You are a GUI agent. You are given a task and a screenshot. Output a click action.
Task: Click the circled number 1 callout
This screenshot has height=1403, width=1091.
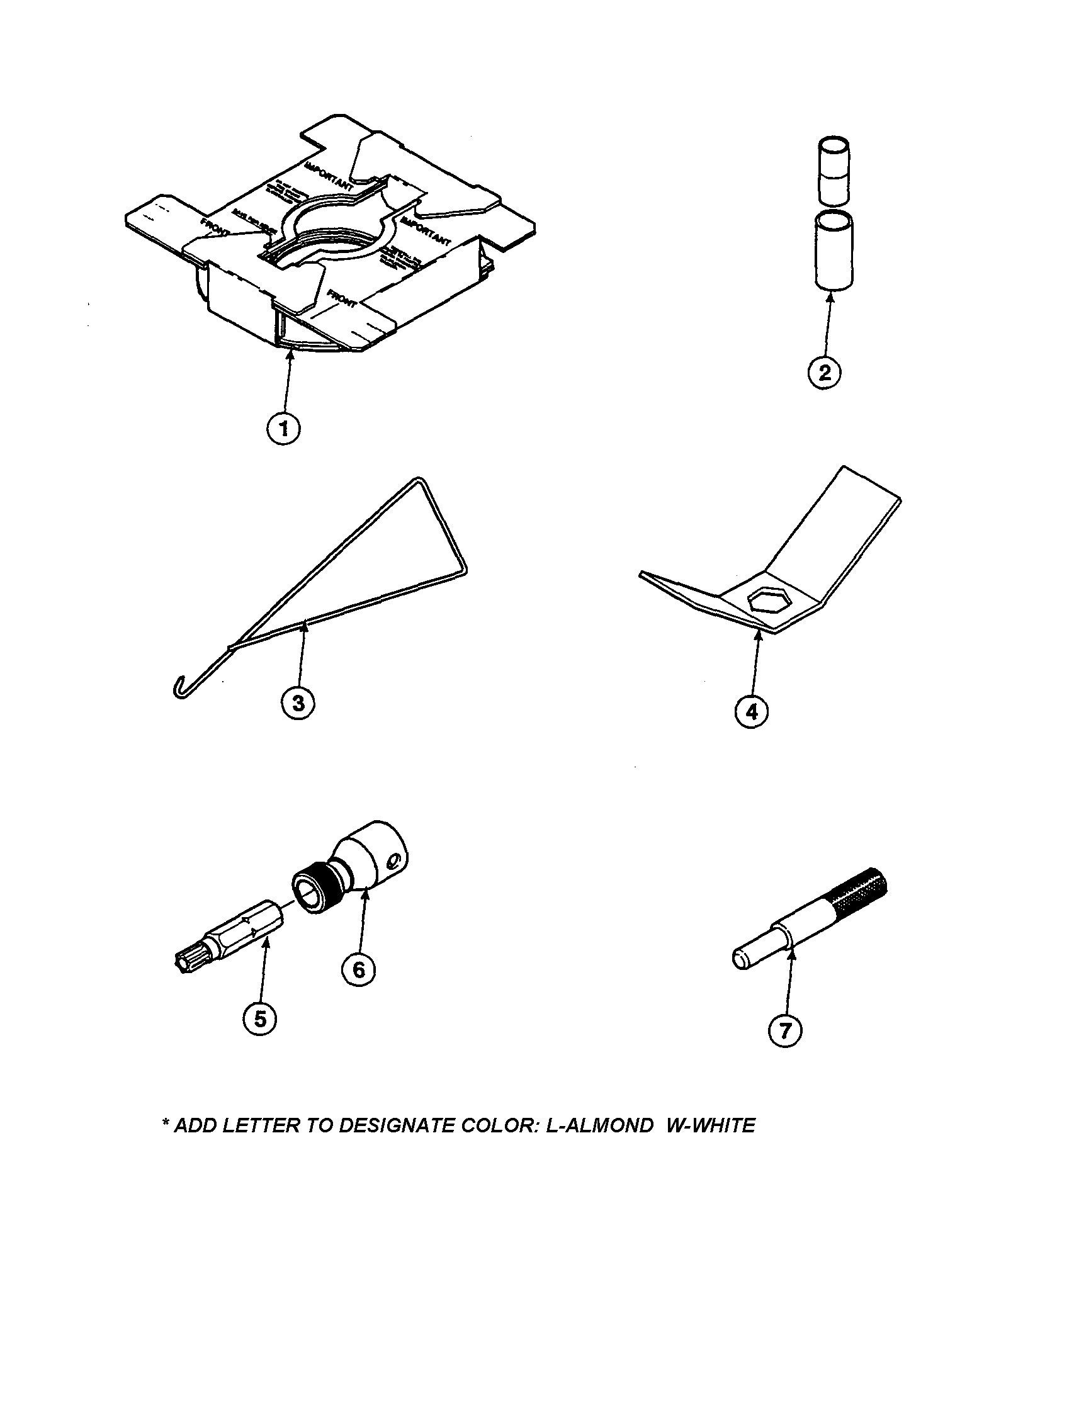[x=283, y=429]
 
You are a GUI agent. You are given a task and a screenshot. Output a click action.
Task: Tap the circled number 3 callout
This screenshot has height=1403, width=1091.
[x=299, y=703]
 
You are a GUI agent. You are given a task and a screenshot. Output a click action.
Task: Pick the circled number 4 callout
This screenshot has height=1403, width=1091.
[x=752, y=711]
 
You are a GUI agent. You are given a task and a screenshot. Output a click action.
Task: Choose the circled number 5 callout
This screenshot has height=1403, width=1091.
[x=260, y=1018]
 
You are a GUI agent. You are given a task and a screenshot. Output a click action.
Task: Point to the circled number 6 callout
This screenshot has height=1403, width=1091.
[x=359, y=969]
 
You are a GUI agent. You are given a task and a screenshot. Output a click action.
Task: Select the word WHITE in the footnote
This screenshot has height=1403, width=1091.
[x=723, y=1126]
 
